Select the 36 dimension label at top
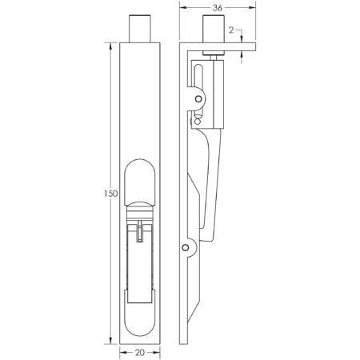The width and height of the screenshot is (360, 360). click(x=217, y=9)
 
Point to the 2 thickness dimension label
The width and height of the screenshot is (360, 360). click(x=230, y=30)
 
